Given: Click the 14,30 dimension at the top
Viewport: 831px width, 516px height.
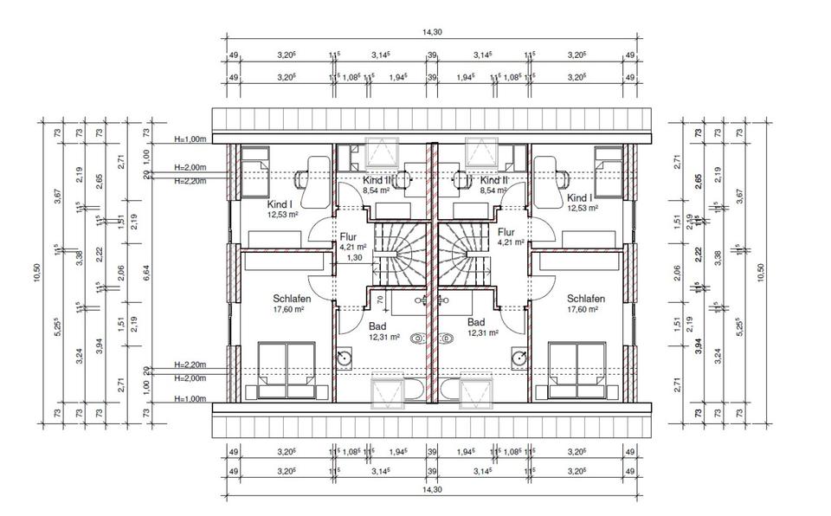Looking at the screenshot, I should coord(428,31).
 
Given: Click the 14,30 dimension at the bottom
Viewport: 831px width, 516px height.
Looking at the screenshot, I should coord(428,489).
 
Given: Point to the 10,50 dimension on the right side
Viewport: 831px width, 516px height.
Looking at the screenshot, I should coord(761,272).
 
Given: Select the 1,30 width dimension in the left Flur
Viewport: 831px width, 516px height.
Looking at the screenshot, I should coord(354,257).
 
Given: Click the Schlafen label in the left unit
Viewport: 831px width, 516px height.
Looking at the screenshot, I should coord(292,299).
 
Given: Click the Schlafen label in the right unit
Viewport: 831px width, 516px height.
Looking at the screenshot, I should coord(586,299).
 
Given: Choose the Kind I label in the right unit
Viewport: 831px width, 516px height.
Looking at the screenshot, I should coord(582,198).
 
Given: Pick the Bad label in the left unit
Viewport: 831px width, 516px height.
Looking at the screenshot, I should coord(377,326).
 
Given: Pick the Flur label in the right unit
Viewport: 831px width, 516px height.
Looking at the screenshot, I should coord(507,232).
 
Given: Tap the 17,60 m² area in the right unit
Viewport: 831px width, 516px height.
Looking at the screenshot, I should coord(586,309).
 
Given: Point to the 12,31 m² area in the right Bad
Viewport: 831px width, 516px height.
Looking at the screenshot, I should coord(484,332).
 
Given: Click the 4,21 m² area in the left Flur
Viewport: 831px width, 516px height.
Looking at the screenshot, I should coord(354,246).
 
